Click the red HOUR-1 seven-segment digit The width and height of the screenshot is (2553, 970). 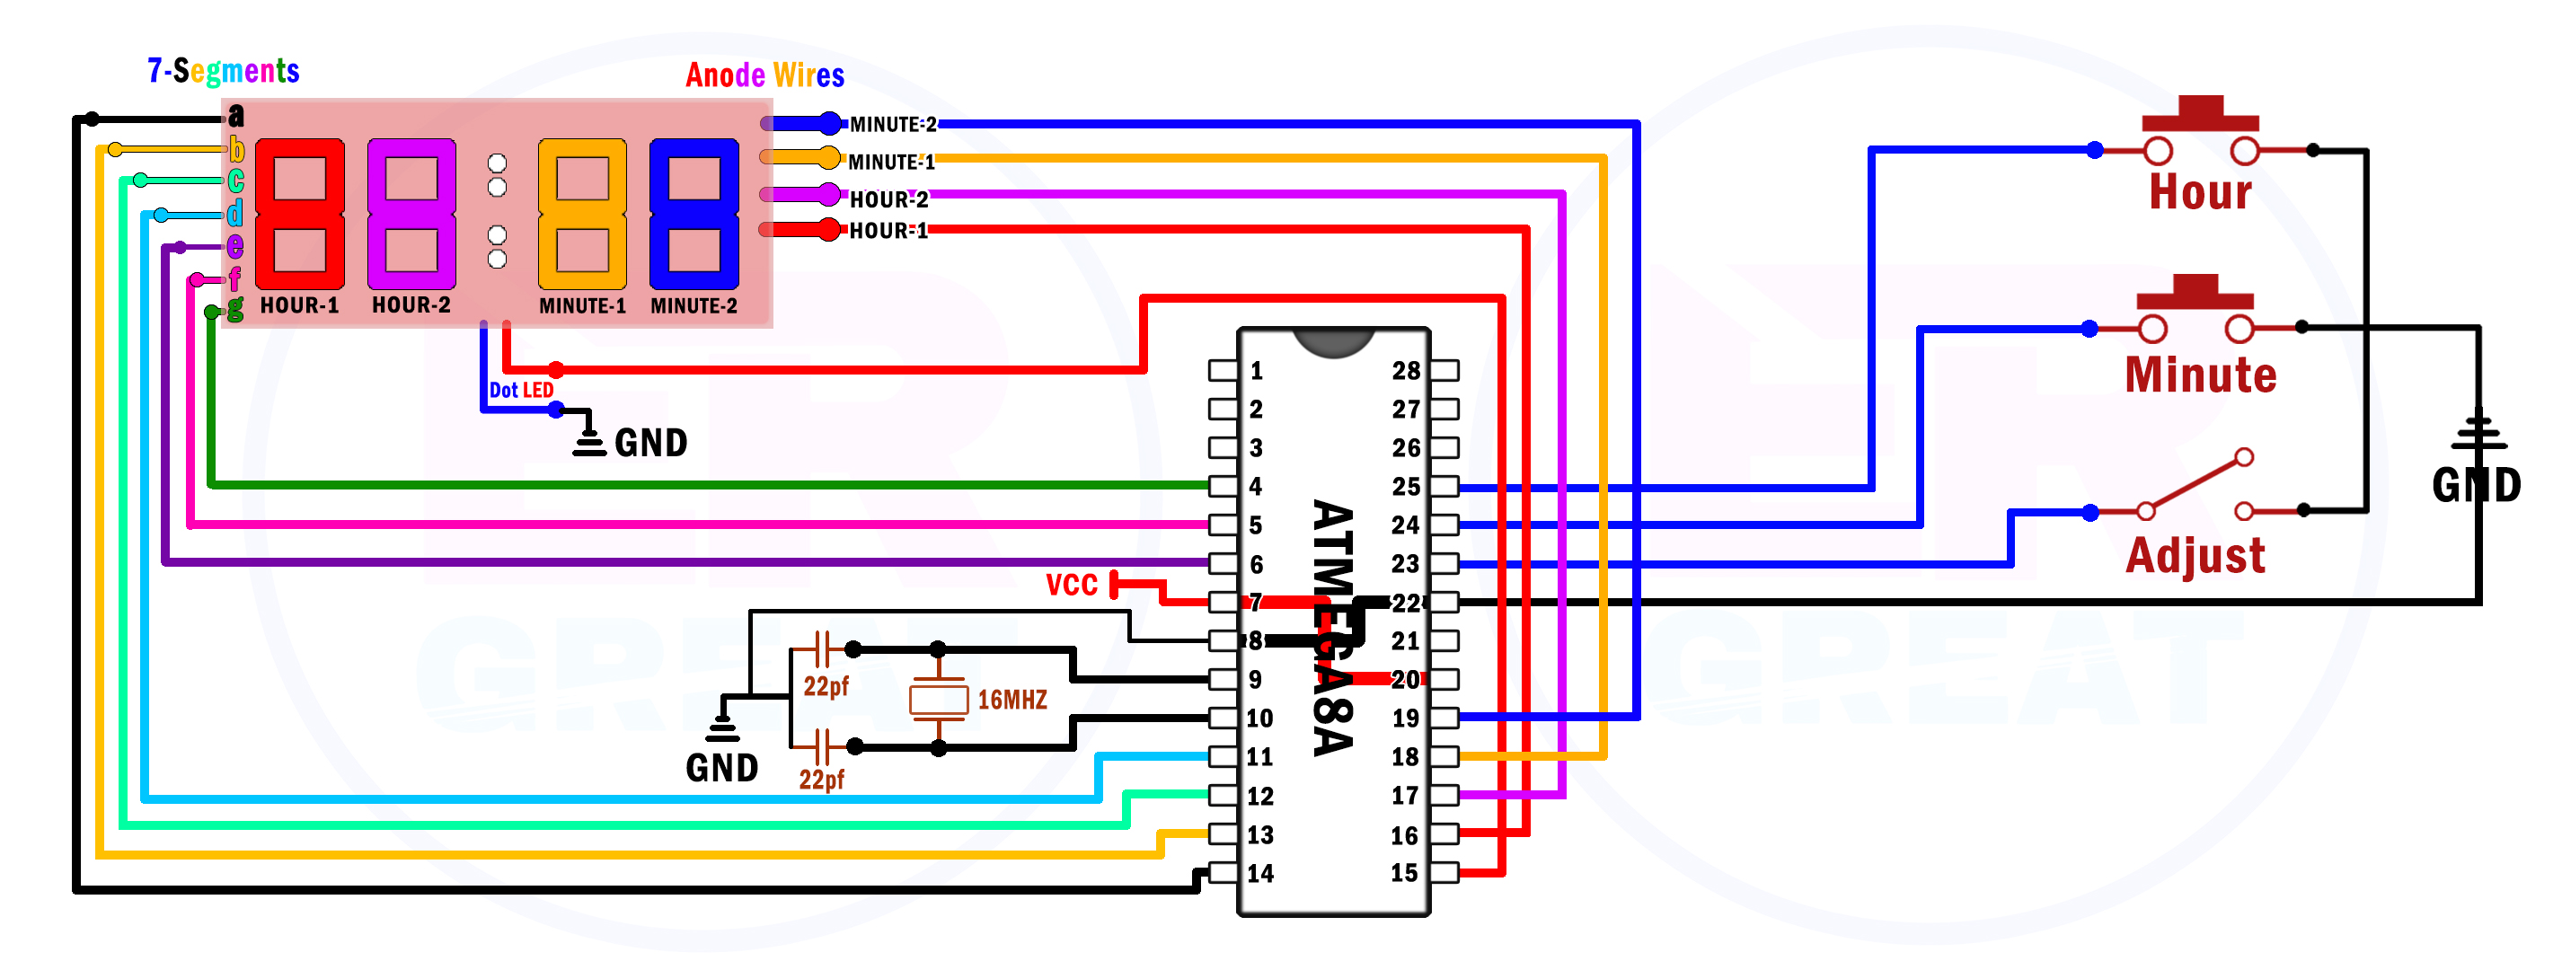pos(299,213)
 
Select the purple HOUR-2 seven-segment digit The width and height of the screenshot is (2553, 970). pos(411,213)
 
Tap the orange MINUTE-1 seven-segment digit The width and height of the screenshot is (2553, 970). pos(582,213)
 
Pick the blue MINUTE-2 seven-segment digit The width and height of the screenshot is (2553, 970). pos(693,213)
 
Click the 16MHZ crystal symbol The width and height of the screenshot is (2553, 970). pos(938,700)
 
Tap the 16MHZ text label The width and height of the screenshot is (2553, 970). pos(1011,701)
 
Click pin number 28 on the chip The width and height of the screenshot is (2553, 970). pos(1405,371)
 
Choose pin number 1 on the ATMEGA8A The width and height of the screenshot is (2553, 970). pos(1256,371)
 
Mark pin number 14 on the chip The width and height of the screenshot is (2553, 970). pos(1259,873)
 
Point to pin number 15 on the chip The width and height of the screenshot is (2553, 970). pos(1403,873)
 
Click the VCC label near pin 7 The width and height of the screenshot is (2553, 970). pos(1072,585)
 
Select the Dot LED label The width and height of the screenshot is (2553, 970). pos(521,391)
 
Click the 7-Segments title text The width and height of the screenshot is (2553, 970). pos(223,70)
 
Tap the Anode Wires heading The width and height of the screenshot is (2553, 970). pos(764,75)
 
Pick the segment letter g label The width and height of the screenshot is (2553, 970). pos(234,308)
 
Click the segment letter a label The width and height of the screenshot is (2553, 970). pos(236,116)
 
